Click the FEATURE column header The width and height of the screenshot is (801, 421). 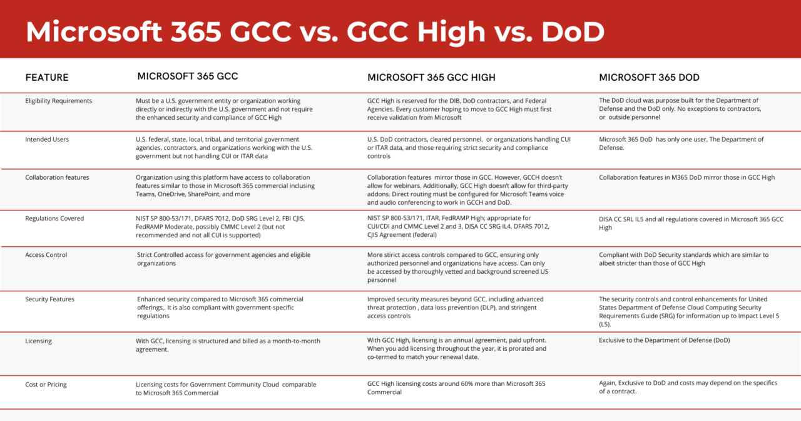pyautogui.click(x=47, y=78)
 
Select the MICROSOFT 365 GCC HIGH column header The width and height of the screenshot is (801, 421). pyautogui.click(x=431, y=78)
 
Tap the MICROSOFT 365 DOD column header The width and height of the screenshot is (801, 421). pyautogui.click(x=649, y=78)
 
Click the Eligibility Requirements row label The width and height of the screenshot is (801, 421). pyautogui.click(x=58, y=101)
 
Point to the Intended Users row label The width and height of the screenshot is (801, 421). pyautogui.click(x=47, y=139)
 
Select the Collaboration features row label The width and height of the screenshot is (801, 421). pyautogui.click(x=57, y=177)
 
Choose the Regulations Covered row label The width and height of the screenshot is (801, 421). pyautogui.click(x=54, y=219)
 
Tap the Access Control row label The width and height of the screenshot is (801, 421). pyautogui.click(x=46, y=255)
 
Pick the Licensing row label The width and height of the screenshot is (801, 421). pyautogui.click(x=38, y=341)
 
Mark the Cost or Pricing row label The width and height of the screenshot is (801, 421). pyautogui.click(x=46, y=385)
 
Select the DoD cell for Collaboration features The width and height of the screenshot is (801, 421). pyautogui.click(x=686, y=177)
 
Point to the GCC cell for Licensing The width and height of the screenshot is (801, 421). pyautogui.click(x=228, y=345)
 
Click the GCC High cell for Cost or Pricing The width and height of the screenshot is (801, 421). pyautogui.click(x=456, y=388)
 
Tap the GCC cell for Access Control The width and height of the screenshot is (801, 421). pyautogui.click(x=223, y=259)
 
